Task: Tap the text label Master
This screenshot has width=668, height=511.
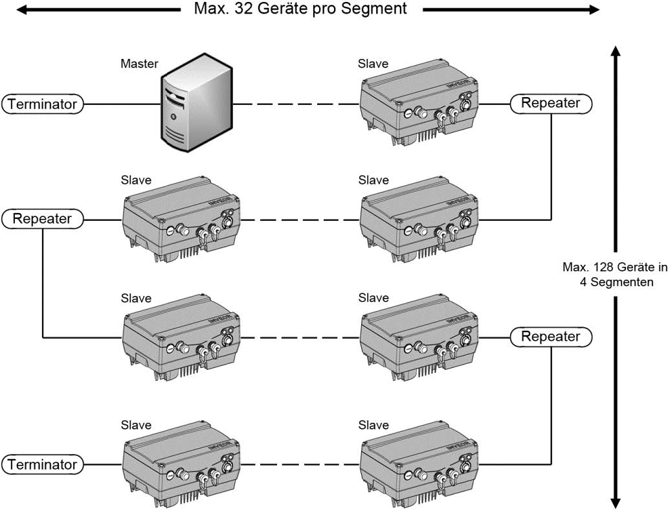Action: [139, 64]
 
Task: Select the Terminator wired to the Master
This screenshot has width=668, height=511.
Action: [43, 104]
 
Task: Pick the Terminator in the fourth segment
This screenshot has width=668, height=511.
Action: [43, 464]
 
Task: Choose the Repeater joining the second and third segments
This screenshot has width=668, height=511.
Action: [43, 220]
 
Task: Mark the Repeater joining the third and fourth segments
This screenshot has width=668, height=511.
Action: [550, 337]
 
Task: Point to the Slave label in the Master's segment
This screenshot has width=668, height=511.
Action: [373, 63]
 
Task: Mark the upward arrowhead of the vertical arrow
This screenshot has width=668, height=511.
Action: [616, 52]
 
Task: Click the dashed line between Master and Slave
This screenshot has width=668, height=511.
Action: [296, 104]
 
